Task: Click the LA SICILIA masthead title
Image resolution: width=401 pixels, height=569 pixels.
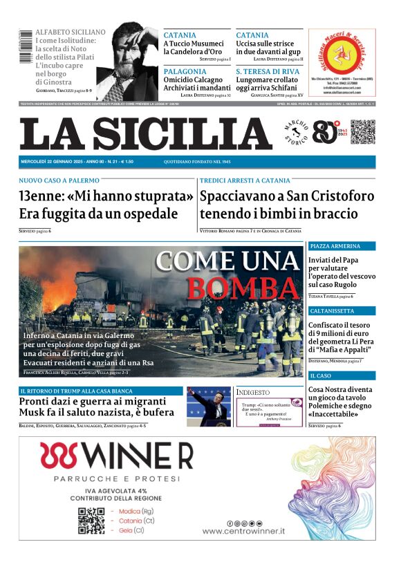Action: click(x=146, y=133)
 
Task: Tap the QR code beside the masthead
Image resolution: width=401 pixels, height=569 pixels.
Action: click(x=362, y=132)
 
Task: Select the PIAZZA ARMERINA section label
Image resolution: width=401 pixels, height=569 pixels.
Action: click(x=335, y=246)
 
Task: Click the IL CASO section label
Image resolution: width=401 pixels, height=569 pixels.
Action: click(x=321, y=375)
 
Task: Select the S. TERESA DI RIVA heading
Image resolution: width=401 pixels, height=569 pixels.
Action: click(x=268, y=71)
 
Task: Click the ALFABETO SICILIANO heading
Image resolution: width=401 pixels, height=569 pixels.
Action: click(x=71, y=32)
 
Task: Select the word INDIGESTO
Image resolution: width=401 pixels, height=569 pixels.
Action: click(x=253, y=392)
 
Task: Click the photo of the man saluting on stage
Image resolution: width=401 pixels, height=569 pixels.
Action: click(x=209, y=407)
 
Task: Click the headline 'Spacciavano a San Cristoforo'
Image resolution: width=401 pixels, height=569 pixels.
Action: click(x=287, y=196)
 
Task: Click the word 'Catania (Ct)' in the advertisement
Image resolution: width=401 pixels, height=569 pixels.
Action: click(x=138, y=521)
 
